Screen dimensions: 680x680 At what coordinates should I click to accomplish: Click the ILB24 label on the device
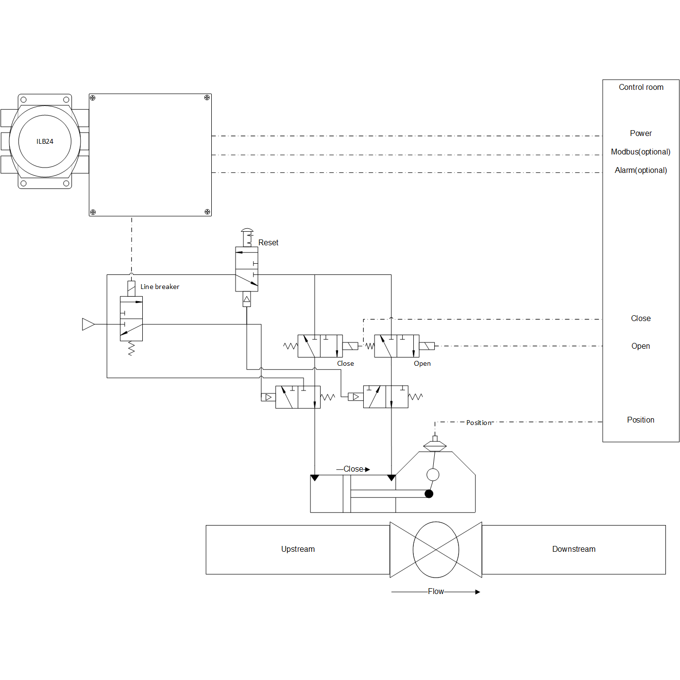[x=45, y=141]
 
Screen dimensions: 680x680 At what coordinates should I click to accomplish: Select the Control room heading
[x=641, y=87]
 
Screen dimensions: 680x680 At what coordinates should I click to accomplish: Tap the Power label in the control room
[x=641, y=133]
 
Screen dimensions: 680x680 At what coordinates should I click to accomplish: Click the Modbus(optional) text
[x=641, y=152]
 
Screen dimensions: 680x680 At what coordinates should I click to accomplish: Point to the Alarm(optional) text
[x=641, y=170]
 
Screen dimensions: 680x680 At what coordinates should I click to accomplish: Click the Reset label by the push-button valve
[x=268, y=242]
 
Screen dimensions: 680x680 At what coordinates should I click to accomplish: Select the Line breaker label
[x=160, y=287]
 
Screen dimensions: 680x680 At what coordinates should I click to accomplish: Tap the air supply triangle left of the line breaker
[x=88, y=324]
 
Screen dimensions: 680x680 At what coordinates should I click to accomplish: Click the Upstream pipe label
[x=298, y=549]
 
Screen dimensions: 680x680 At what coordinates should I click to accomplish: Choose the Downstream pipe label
[x=574, y=549]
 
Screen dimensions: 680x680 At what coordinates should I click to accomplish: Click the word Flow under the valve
[x=436, y=591]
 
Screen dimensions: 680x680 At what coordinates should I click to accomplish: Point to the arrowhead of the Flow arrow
[x=477, y=592]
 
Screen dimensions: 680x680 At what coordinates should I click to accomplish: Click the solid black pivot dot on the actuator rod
[x=429, y=493]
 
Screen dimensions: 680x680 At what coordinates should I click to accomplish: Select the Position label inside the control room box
[x=640, y=420]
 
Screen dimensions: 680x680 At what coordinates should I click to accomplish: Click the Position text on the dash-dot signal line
[x=479, y=423]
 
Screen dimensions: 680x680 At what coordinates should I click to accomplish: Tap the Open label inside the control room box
[x=640, y=346]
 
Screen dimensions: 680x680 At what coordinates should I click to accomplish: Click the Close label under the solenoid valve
[x=345, y=363]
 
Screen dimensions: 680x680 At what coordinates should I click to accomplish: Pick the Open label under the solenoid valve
[x=422, y=363]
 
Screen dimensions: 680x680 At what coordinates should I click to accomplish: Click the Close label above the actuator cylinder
[x=353, y=469]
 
